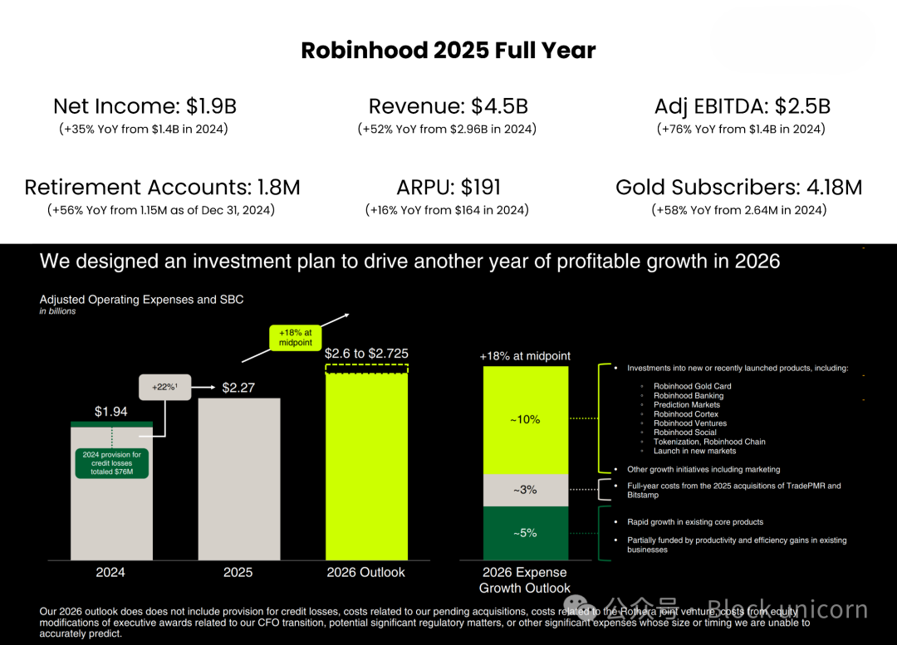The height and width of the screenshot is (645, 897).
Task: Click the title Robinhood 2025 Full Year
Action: click(448, 50)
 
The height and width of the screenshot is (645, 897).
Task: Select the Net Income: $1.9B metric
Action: click(145, 106)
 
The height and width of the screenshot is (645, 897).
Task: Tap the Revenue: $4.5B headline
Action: click(448, 106)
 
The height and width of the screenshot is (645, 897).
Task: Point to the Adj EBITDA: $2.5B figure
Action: click(742, 106)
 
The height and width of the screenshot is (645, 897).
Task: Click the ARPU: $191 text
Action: click(448, 188)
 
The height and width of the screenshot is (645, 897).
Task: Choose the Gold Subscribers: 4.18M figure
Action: click(738, 188)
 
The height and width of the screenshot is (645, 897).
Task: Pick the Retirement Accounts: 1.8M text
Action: click(162, 188)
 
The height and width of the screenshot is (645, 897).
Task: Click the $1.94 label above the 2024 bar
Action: click(110, 411)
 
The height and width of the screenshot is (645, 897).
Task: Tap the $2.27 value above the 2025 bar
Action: click(238, 388)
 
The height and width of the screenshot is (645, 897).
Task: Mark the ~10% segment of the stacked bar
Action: click(525, 420)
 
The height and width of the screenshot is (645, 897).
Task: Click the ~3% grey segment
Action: click(525, 490)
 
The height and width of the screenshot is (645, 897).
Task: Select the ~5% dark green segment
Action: click(525, 533)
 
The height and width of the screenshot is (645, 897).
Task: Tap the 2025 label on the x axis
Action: click(238, 572)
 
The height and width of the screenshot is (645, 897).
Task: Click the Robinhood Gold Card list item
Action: click(692, 386)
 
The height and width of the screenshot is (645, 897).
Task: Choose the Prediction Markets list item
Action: click(687, 405)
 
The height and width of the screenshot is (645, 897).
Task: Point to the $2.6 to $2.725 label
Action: click(366, 353)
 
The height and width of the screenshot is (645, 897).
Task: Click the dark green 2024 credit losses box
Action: click(111, 463)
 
